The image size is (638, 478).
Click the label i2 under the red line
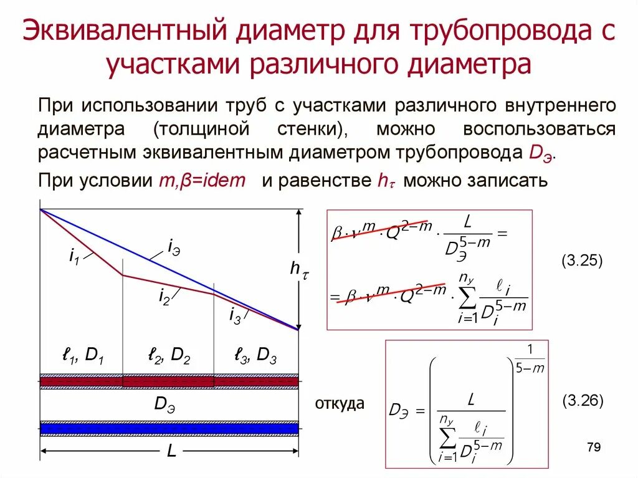click(164, 298)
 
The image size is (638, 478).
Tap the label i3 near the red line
click(235, 317)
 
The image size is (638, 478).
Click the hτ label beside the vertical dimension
click(300, 269)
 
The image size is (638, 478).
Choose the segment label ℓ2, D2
click(169, 357)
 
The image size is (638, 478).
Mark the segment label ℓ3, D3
click(255, 357)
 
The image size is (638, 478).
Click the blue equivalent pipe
click(169, 428)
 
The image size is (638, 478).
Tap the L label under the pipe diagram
click(171, 452)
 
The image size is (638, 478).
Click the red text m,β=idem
click(202, 181)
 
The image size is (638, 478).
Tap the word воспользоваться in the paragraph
click(540, 129)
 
